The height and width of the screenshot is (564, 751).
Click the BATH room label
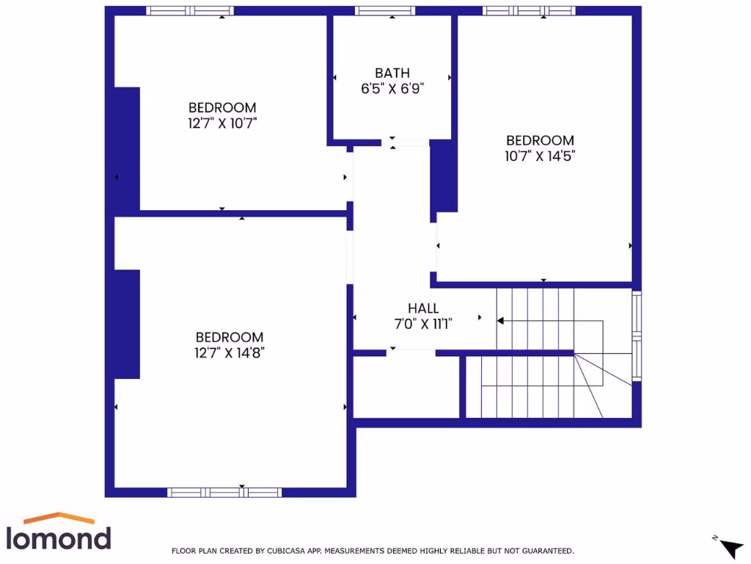click(x=392, y=73)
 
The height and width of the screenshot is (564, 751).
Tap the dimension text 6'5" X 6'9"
click(x=392, y=88)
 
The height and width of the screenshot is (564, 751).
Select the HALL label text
click(x=422, y=308)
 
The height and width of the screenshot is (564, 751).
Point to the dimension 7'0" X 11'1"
click(x=422, y=323)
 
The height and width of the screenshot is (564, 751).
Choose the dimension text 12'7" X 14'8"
click(x=229, y=352)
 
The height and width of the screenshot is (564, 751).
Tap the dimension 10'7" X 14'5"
click(x=540, y=156)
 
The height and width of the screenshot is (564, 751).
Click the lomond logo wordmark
click(x=59, y=537)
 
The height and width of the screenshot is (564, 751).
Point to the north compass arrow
click(x=730, y=547)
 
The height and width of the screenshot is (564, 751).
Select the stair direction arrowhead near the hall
click(x=501, y=321)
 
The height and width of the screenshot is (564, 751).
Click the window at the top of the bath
click(x=385, y=11)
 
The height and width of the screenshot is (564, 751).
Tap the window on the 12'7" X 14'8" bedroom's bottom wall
click(x=224, y=492)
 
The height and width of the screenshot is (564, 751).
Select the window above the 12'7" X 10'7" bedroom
click(x=190, y=11)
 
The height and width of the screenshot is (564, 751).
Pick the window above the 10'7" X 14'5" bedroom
click(x=528, y=11)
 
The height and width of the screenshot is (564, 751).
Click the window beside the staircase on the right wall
click(x=637, y=336)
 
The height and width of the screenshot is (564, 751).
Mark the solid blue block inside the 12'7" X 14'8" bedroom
click(x=127, y=324)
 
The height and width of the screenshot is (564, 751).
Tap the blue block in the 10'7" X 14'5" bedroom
click(x=444, y=176)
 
